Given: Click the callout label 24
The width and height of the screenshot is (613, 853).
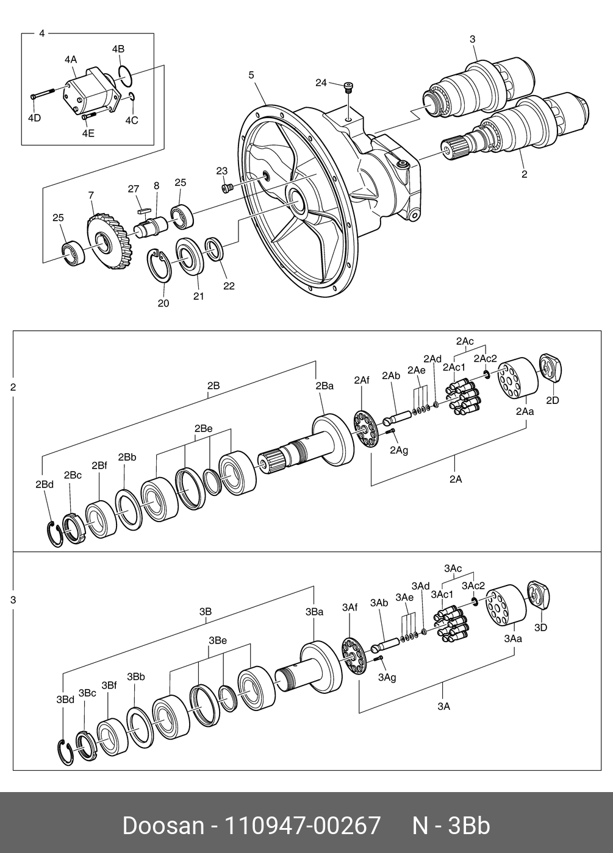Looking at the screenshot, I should [x=321, y=82].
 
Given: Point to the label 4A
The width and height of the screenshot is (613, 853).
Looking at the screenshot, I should [x=71, y=60].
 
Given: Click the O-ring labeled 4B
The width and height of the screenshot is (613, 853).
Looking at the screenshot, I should [x=124, y=75].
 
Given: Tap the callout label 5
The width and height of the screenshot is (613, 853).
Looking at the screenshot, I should [x=251, y=75].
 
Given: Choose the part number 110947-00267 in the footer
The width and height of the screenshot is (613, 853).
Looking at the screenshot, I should [x=303, y=826].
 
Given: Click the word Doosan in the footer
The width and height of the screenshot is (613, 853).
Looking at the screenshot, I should [x=163, y=826].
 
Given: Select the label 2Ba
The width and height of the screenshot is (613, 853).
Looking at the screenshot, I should [x=324, y=386].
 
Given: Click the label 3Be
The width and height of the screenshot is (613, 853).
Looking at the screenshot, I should [x=218, y=640].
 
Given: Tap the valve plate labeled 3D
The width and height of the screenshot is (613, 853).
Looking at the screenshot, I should [x=538, y=594].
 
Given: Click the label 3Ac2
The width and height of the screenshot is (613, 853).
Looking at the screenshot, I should [x=473, y=585].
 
